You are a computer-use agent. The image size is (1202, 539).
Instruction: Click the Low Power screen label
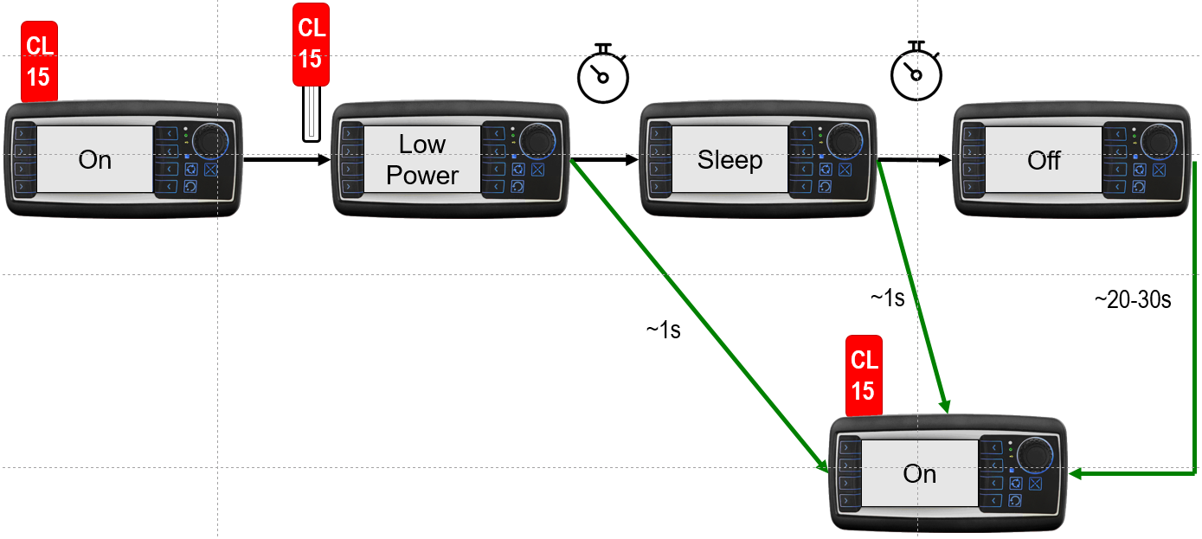point(422,160)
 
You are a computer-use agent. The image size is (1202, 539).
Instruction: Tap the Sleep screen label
point(730,160)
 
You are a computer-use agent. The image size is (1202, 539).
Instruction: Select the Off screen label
point(1044,161)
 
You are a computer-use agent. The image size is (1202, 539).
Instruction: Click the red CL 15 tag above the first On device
point(38,63)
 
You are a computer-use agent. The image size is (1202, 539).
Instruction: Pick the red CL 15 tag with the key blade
point(310,43)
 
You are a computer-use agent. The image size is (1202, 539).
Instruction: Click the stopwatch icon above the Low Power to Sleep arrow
point(601,71)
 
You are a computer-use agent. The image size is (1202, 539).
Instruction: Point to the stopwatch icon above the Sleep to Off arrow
point(916,71)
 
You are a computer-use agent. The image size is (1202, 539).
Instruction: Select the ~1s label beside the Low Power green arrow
point(663,330)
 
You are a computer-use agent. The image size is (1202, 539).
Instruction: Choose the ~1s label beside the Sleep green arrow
point(887,298)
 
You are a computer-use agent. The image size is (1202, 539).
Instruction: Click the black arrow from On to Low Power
point(286,160)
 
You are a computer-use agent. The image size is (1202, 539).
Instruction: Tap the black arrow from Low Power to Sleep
point(603,160)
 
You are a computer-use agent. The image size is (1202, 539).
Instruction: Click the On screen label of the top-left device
point(95,160)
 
